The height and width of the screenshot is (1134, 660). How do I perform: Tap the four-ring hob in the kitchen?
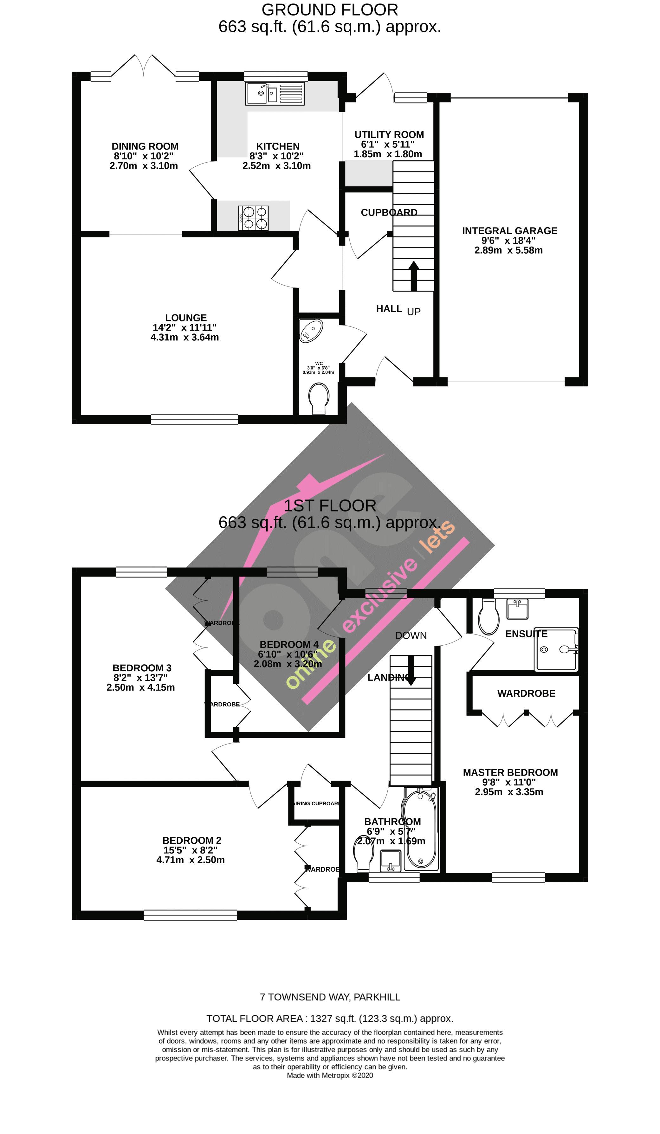(x=254, y=218)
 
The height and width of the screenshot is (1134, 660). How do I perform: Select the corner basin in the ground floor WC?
(x=311, y=331)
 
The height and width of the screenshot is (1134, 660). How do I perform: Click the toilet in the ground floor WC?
(x=319, y=397)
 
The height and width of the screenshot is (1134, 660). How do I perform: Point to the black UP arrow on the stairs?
(x=414, y=275)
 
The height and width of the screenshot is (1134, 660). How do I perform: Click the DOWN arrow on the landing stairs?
(x=411, y=671)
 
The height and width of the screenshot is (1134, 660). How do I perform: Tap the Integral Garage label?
(x=509, y=231)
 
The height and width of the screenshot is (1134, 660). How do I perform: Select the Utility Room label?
(x=389, y=135)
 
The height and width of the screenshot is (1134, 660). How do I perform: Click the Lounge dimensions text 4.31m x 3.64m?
(x=184, y=337)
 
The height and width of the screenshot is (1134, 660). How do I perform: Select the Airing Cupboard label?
(x=316, y=804)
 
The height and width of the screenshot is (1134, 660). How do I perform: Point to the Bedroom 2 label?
(x=192, y=841)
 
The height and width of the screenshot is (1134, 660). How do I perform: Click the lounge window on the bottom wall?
(x=194, y=419)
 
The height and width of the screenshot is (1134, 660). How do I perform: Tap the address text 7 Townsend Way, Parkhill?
(x=330, y=997)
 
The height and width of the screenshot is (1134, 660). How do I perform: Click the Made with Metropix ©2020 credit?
(x=330, y=1075)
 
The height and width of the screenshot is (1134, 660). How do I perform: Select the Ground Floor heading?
(x=330, y=10)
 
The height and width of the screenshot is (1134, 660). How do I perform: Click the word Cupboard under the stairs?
(x=389, y=212)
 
